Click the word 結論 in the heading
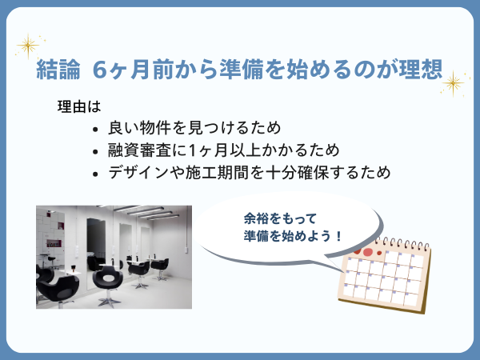coord(58,69)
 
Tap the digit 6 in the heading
coord(100,70)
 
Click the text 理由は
coord(79,106)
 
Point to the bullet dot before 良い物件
coord(95,130)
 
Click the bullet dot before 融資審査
coord(95,152)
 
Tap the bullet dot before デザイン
coord(95,174)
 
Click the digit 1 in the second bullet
coord(192,150)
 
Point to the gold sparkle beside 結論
coord(28,46)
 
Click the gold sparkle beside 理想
coord(454,83)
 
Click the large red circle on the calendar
coord(367,252)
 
